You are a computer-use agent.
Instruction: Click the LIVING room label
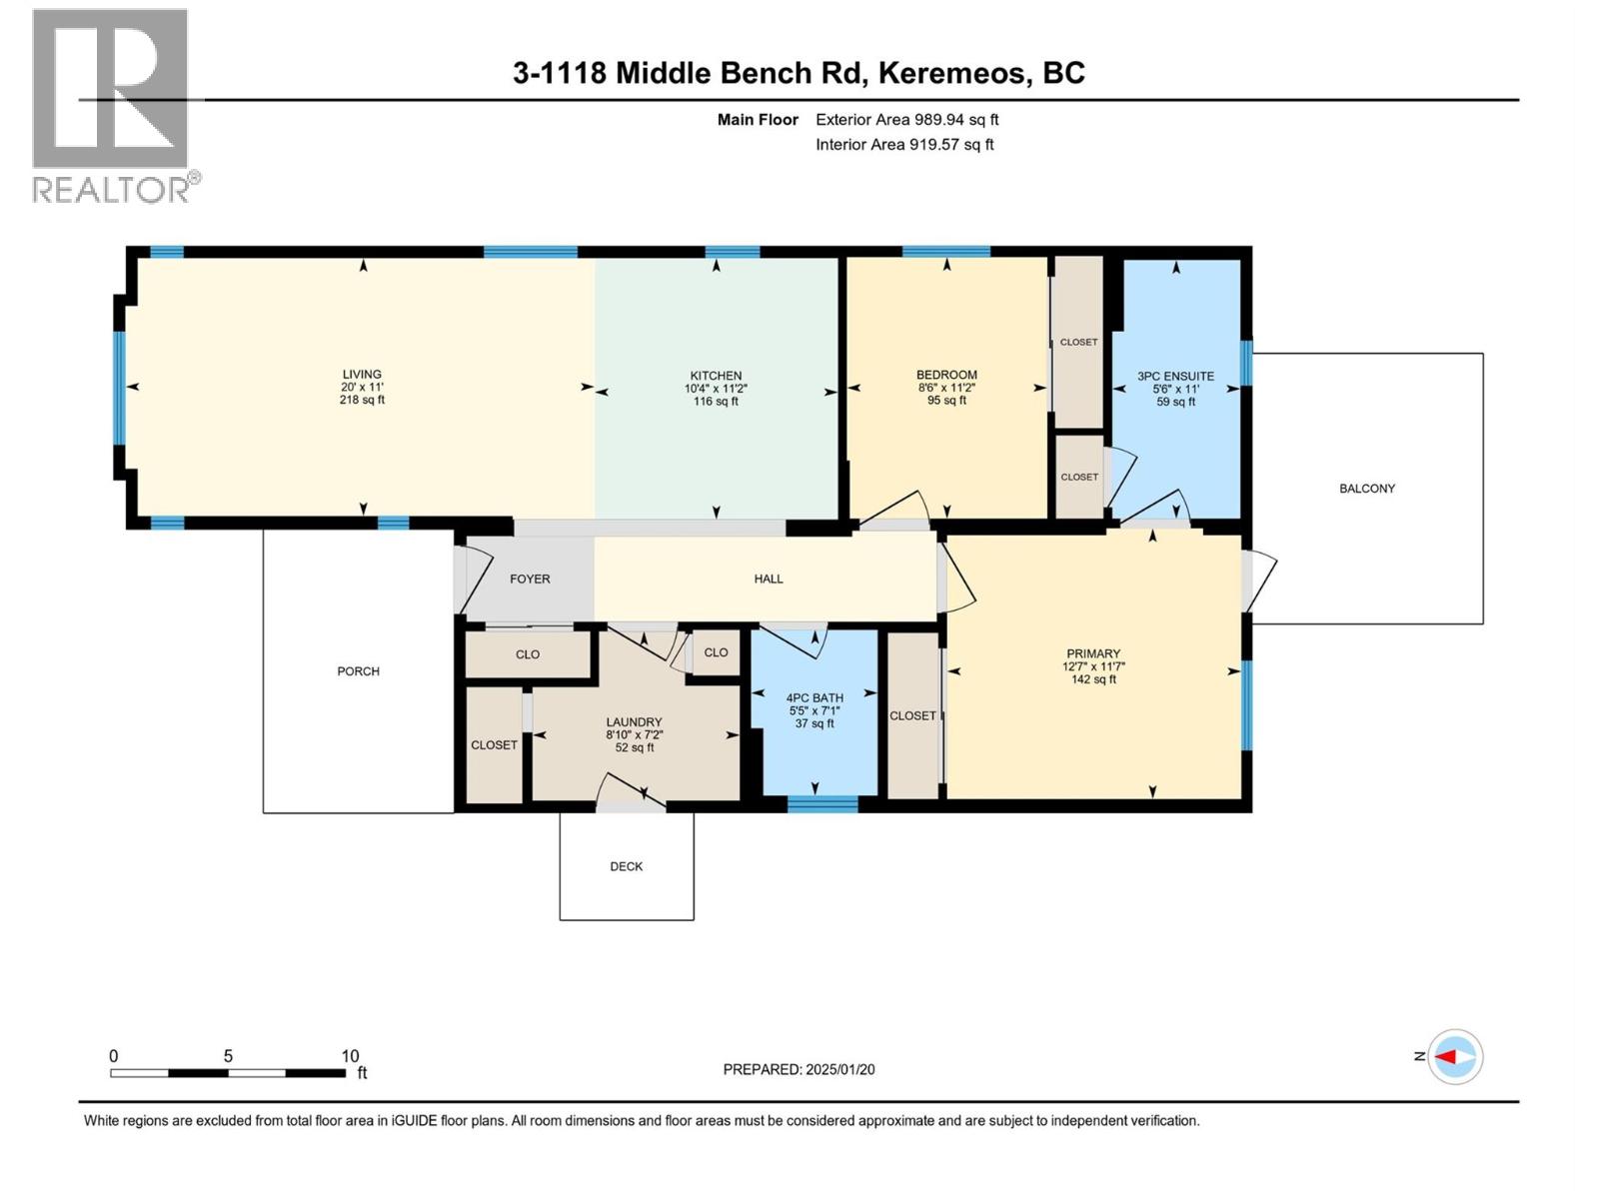362,375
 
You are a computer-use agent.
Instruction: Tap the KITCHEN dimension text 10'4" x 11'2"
716,389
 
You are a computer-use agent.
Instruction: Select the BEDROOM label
946,375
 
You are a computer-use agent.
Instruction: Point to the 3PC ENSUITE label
1175,377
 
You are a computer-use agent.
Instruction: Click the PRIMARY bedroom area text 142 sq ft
1093,679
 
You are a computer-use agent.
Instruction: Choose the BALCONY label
1366,489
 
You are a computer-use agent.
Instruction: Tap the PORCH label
358,671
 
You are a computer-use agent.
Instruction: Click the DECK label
627,866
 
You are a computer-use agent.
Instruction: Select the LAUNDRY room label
634,721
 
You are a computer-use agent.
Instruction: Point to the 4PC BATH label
814,697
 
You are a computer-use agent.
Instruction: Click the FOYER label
530,579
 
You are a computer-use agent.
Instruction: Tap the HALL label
768,579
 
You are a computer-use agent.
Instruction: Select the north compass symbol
1454,1056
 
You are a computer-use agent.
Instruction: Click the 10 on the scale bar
350,1055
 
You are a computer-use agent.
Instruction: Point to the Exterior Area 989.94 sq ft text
906,120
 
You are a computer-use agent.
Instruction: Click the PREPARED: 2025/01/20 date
799,1069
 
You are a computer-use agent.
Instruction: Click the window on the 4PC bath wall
822,804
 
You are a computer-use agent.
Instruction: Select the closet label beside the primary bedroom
912,715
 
